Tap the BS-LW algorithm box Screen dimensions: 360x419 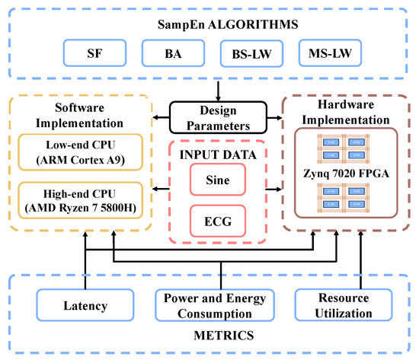point(249,54)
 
